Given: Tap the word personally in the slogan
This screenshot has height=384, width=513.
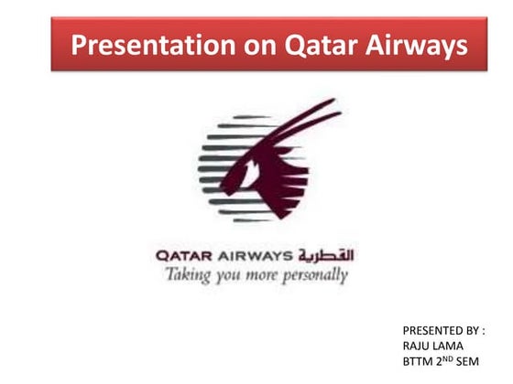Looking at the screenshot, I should coord(316,274).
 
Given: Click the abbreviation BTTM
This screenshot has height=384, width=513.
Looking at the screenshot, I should coord(419,362).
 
